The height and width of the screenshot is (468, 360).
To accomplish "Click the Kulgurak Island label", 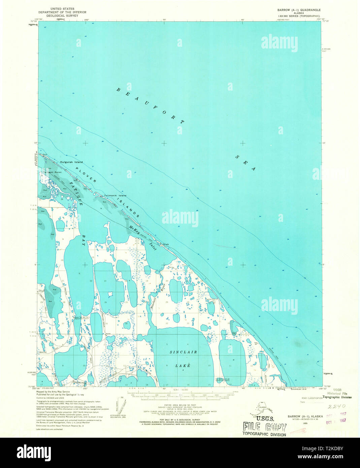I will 71,162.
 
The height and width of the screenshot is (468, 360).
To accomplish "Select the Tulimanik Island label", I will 115,196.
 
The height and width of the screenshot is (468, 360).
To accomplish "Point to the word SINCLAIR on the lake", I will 183,352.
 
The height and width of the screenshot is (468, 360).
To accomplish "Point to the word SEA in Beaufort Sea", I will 246,163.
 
